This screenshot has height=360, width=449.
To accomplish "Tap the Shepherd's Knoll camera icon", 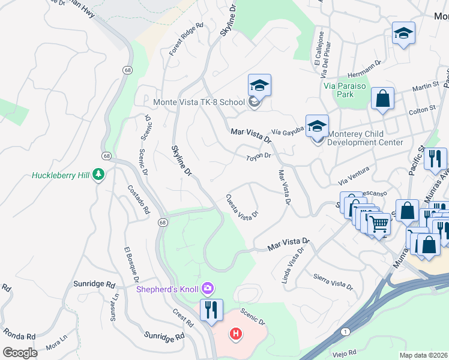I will pyautogui.click(x=208, y=289).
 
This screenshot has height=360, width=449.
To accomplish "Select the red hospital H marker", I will pyautogui.click(x=236, y=334).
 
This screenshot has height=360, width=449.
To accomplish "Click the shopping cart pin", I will pyautogui.click(x=379, y=223).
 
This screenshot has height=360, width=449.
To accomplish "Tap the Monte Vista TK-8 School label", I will pyautogui.click(x=199, y=102).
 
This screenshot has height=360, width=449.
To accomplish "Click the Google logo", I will pyautogui.click(x=20, y=352).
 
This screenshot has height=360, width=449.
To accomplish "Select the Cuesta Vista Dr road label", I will pyautogui.click(x=242, y=206).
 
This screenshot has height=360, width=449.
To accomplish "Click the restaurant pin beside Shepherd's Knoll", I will pyautogui.click(x=211, y=310).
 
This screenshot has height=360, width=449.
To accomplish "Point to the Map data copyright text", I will pyautogui.click(x=423, y=355).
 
